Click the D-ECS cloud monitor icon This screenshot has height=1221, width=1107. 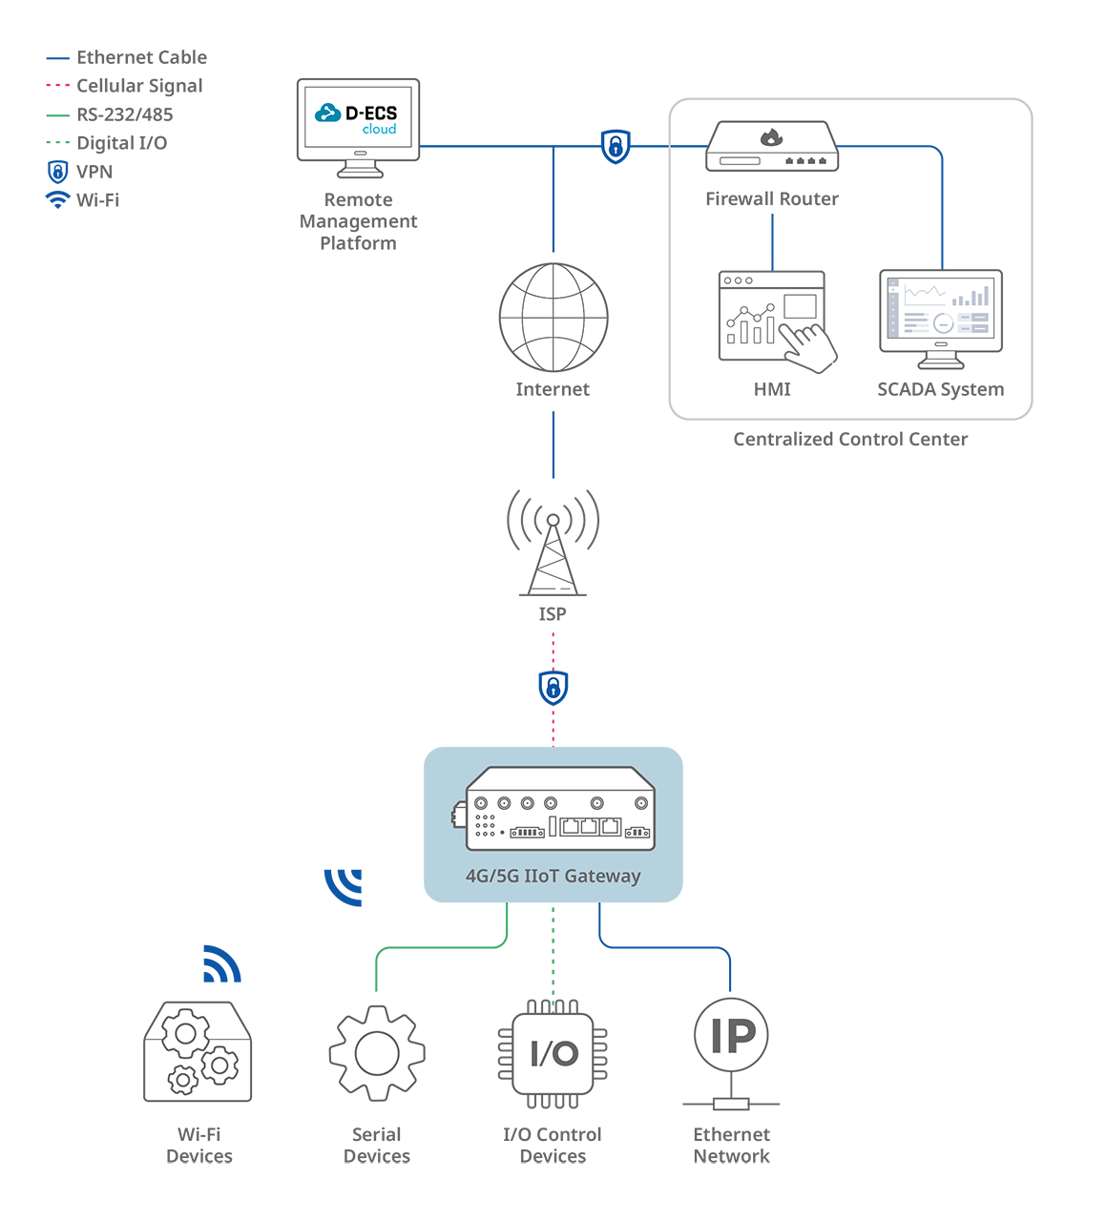tap(358, 128)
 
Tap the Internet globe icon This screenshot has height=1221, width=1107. tap(553, 317)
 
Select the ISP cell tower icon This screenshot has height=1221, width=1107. tap(553, 543)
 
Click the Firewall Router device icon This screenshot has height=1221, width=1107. tap(772, 146)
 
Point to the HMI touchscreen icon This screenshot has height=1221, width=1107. tap(778, 321)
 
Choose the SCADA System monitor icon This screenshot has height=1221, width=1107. tap(941, 319)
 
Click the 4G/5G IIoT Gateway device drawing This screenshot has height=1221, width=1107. tap(553, 808)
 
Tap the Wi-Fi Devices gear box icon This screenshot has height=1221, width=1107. tap(198, 1051)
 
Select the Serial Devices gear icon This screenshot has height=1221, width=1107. tap(377, 1053)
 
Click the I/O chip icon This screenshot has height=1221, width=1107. tap(553, 1054)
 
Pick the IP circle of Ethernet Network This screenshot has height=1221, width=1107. tap(731, 1035)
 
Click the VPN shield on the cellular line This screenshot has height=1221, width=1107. tap(553, 688)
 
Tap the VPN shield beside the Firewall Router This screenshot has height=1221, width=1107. tap(616, 146)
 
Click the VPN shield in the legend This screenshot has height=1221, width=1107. tap(58, 172)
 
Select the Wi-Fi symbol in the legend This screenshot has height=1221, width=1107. tap(58, 199)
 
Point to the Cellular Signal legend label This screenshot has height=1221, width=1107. tap(139, 86)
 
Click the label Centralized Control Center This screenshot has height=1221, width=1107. tap(850, 439)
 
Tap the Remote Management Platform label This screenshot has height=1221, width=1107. tap(358, 221)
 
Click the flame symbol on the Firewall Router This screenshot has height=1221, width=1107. tap(771, 137)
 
